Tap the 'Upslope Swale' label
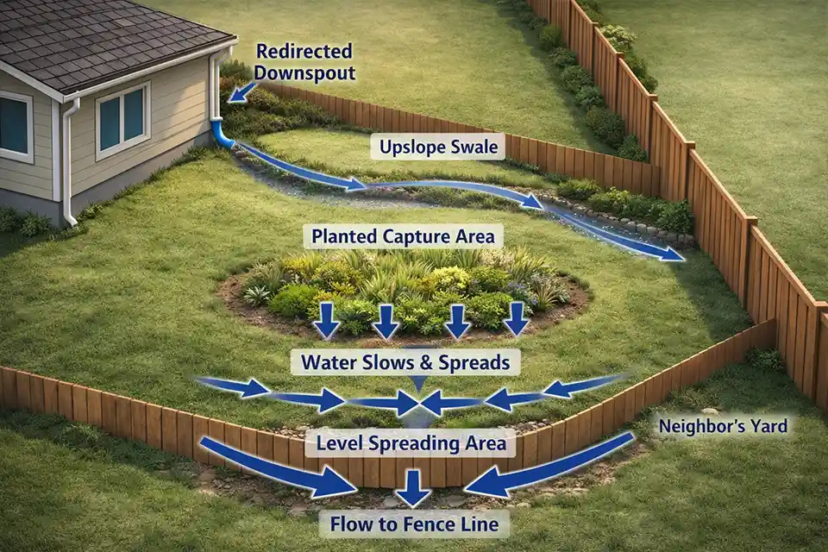(x=439, y=147)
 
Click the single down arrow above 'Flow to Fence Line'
(x=413, y=488)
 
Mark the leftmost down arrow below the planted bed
(x=326, y=320)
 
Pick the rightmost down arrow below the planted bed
(x=515, y=318)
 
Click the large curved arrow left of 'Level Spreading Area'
(x=276, y=469)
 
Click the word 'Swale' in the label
(x=474, y=147)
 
